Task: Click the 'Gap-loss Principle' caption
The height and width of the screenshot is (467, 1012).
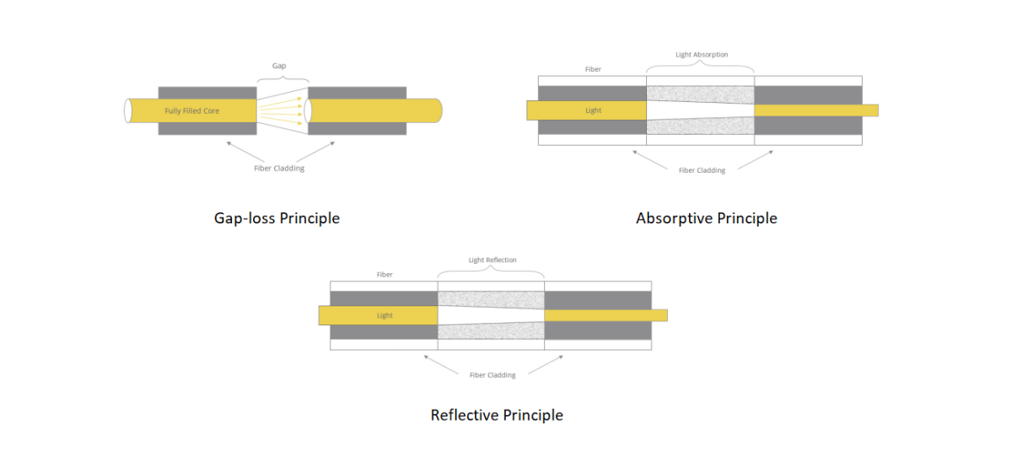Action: pos(277,218)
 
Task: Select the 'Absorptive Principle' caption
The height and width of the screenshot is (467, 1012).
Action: pos(706,218)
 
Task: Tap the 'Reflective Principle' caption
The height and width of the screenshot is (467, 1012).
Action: pos(497,415)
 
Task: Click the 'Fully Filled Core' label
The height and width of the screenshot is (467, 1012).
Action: pos(191,110)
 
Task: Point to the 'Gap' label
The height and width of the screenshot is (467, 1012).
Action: pos(278,65)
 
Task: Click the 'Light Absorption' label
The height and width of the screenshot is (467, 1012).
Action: pos(702,55)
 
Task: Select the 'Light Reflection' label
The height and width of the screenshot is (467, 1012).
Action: pos(493,260)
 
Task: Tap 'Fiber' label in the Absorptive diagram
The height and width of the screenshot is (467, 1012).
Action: pos(593,69)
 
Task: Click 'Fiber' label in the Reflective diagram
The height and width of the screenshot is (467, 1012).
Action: pos(385,275)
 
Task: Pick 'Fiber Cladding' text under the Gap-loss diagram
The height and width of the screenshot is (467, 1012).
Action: pos(279,168)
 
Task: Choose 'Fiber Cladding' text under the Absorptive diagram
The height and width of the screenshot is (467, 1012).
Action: pos(702,170)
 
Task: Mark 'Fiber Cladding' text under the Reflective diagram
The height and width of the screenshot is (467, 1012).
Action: pos(493,375)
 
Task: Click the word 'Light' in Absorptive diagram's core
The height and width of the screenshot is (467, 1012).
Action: pos(594,110)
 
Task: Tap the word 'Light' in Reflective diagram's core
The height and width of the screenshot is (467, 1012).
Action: pos(385,315)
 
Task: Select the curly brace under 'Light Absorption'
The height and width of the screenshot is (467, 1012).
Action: pos(700,68)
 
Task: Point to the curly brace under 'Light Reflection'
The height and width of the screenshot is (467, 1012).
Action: pos(492,273)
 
